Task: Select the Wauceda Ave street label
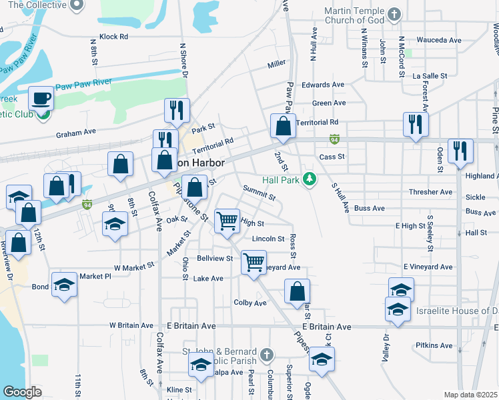pyautogui.click(x=438, y=40)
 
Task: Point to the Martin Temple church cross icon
pyautogui.click(x=395, y=13)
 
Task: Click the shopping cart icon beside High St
pyautogui.click(x=227, y=221)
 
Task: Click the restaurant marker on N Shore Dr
pyautogui.click(x=177, y=110)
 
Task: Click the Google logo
pyautogui.click(x=21, y=393)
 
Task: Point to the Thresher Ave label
pyautogui.click(x=431, y=192)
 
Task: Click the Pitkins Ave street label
pyautogui.click(x=434, y=345)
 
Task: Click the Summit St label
pyautogui.click(x=259, y=193)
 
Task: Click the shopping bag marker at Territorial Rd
pyautogui.click(x=283, y=125)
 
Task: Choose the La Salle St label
pyautogui.click(x=430, y=76)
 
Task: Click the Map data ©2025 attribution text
pyautogui.click(x=470, y=395)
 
